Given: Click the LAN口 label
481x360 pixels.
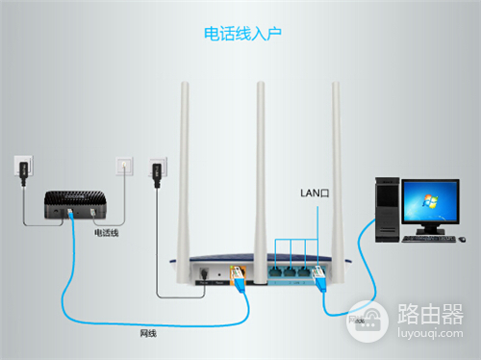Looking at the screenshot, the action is [316, 194].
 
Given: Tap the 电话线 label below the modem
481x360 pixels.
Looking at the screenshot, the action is [106, 233].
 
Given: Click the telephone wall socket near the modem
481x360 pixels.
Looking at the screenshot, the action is [122, 167].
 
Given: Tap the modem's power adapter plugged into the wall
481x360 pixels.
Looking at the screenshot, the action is [23, 170].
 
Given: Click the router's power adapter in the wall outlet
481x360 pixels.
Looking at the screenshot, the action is [159, 173].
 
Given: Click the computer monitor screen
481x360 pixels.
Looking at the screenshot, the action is [429, 201].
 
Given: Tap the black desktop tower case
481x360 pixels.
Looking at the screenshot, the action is [386, 207].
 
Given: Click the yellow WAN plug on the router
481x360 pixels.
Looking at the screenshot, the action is [239, 272].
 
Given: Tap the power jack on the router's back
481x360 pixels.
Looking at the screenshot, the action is [204, 272].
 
